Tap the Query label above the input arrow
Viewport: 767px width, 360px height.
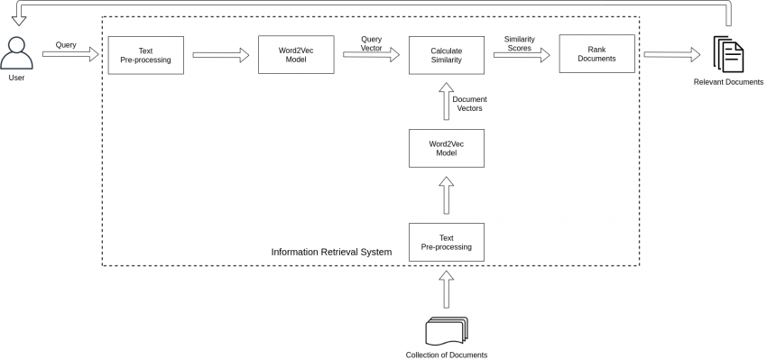(x=66, y=44)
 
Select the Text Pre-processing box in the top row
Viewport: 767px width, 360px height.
(x=145, y=55)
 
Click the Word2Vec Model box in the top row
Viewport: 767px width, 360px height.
(x=296, y=55)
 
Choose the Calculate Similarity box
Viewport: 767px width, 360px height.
(x=446, y=55)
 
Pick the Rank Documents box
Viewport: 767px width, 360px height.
(x=596, y=55)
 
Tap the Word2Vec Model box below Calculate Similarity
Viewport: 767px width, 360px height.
(x=446, y=148)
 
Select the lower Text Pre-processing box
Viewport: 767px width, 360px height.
(x=446, y=242)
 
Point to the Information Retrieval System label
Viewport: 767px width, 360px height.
(x=331, y=252)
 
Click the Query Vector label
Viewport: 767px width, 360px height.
(x=371, y=43)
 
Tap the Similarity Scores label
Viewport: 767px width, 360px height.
(x=520, y=43)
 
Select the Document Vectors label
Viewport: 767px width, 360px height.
(x=468, y=103)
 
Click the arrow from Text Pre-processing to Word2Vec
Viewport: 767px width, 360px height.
(x=220, y=56)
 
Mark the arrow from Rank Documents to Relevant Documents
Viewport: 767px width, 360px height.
(x=672, y=56)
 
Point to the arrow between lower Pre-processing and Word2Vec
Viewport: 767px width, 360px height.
(x=446, y=195)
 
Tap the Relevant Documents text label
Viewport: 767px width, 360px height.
(x=728, y=82)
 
